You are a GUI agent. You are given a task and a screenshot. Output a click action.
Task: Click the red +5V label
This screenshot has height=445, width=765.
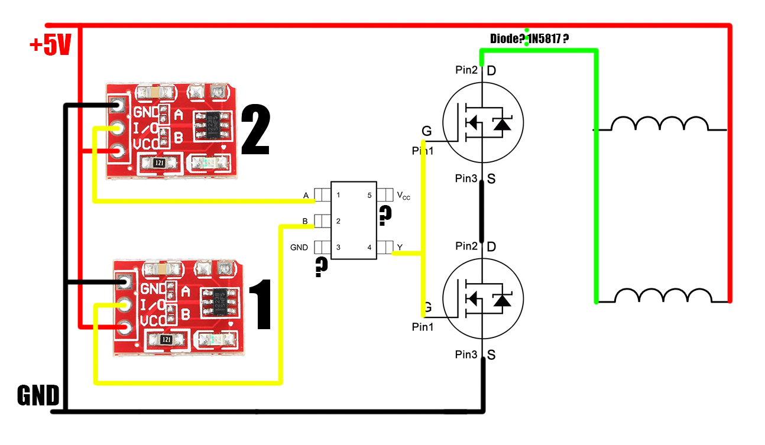coord(50,46)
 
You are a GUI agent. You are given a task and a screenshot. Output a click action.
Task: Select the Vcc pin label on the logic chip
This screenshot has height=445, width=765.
coord(403,196)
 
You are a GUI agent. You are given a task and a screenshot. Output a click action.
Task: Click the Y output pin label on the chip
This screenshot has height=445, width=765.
coord(400,248)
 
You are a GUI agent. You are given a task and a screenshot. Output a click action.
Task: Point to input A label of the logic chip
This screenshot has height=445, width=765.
coord(306,195)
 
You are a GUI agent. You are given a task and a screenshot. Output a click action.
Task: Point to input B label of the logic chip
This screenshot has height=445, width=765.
coord(306,222)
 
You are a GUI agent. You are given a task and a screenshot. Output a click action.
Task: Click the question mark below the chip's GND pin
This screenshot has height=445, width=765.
coord(321,267)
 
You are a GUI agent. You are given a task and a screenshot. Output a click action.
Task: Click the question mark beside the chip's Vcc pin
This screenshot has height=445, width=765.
coord(385,216)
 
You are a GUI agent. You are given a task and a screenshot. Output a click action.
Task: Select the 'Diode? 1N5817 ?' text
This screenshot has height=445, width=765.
coord(530,39)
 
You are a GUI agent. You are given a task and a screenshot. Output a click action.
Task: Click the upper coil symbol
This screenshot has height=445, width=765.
coord(660,124)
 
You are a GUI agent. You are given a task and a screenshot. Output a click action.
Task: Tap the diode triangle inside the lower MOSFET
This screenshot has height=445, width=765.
coord(502,301)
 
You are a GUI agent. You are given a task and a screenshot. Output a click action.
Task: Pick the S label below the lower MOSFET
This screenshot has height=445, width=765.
coord(491,355)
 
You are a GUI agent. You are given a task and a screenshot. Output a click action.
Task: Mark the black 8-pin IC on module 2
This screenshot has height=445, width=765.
coord(211,125)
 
